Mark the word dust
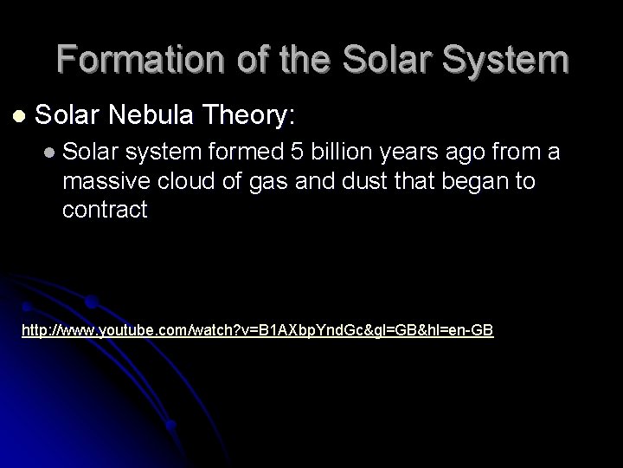(x=350, y=183)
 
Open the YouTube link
(x=257, y=330)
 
